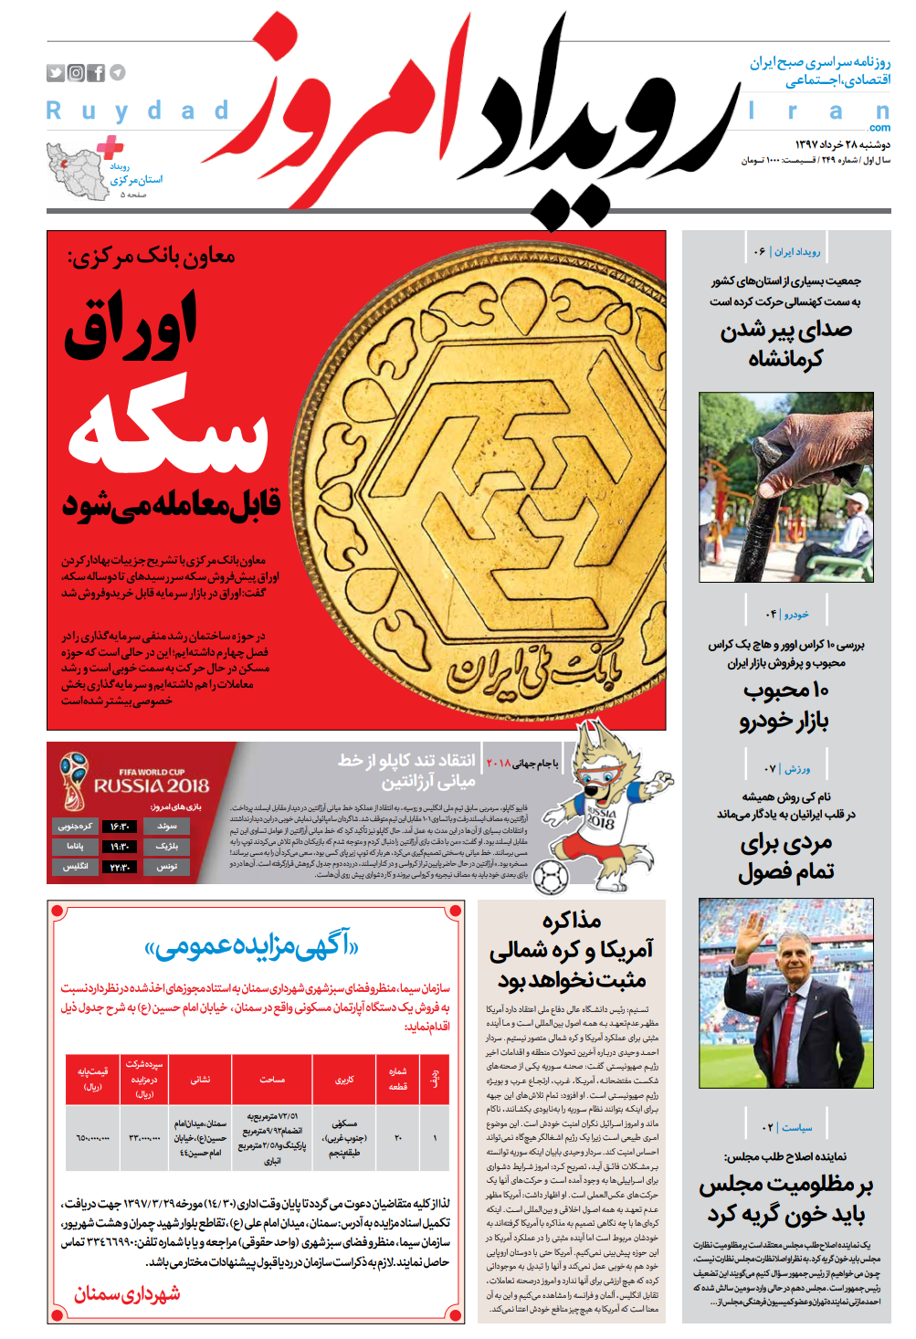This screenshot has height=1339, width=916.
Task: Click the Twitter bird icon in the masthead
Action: pos(56,73)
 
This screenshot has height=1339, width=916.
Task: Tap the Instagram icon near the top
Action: pos(76,73)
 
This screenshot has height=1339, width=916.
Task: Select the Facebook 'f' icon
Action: pos(96,73)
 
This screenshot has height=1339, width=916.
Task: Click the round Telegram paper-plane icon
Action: pos(118,73)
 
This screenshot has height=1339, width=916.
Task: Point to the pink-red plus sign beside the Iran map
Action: pos(111,146)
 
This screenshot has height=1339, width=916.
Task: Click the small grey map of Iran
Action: pos(77,172)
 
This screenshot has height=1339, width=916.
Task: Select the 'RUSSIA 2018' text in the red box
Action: pos(152,785)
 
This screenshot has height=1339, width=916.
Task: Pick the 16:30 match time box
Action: pos(120,827)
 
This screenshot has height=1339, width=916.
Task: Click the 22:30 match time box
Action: pos(120,867)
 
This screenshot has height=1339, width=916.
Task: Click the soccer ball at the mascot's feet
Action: pos(550,878)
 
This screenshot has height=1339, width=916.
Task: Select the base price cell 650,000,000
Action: pos(93,1138)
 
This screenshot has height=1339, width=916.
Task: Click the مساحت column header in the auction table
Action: pos(272,1080)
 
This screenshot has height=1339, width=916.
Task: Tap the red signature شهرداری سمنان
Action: pos(127,1293)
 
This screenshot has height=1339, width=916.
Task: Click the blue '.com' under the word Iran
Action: pos(879,128)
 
